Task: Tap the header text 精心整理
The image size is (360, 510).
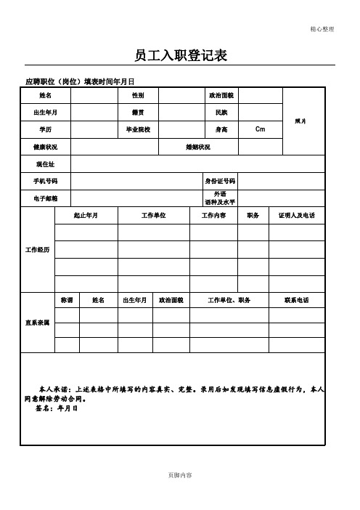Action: point(322,29)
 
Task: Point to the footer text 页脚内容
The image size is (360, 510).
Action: point(180,474)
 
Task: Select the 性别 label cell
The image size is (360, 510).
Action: point(137,95)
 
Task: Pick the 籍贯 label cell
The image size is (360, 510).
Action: point(137,113)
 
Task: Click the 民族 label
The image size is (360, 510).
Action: point(221,113)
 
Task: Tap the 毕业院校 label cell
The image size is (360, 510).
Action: point(137,129)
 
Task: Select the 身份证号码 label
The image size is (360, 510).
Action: point(220,180)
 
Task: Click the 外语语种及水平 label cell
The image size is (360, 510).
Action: point(220,198)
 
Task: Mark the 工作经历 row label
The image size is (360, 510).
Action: point(38,249)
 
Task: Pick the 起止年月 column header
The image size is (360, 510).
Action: point(86,216)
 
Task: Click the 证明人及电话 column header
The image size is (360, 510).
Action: point(297,216)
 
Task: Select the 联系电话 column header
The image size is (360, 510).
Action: point(297,300)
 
